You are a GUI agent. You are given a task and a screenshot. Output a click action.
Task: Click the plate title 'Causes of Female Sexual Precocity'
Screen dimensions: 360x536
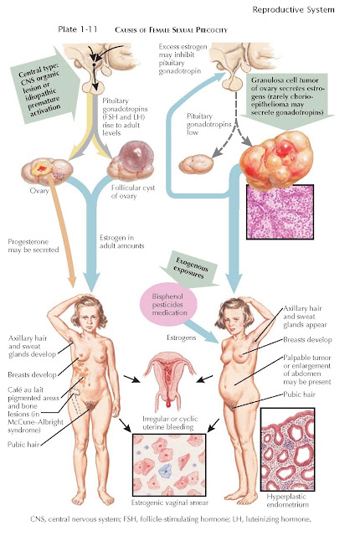[171, 30]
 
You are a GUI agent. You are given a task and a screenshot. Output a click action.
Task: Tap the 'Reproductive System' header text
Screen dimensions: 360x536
[293, 10]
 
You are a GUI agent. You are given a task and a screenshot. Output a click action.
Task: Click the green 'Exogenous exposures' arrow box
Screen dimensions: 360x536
[190, 269]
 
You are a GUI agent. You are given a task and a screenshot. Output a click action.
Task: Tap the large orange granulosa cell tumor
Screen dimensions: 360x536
[276, 157]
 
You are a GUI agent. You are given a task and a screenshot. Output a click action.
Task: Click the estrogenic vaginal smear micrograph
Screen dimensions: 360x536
[169, 466]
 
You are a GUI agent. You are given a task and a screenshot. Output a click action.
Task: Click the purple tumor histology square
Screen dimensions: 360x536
[280, 212]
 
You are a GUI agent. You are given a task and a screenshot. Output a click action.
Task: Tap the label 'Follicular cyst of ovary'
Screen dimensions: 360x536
[133, 192]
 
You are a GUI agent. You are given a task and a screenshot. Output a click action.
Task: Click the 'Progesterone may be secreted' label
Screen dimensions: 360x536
[33, 245]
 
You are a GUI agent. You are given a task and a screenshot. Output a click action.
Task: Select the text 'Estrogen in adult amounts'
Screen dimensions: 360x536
[121, 242]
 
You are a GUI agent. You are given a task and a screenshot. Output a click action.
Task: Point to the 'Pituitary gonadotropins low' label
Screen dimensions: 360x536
[208, 124]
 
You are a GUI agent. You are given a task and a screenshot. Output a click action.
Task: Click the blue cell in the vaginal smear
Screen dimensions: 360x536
[167, 471]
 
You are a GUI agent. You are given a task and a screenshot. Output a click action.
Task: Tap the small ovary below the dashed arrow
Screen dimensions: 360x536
[196, 164]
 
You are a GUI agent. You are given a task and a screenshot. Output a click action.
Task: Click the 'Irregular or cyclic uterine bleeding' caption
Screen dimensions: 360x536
[170, 423]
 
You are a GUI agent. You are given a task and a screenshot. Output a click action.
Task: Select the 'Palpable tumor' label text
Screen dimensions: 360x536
[307, 358]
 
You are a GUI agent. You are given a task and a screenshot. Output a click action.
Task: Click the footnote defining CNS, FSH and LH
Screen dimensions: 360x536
[171, 519]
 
